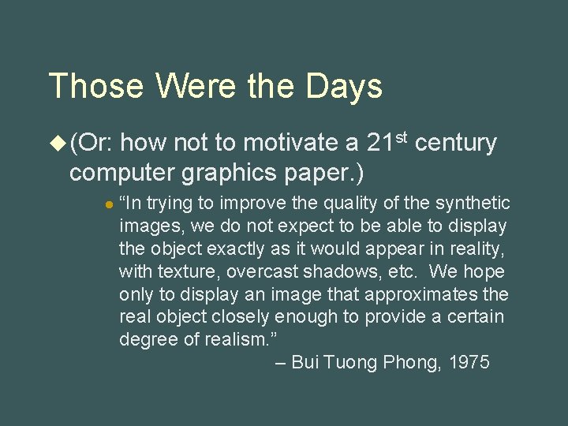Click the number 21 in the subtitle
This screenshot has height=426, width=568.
[x=380, y=144]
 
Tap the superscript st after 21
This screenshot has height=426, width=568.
[x=402, y=137]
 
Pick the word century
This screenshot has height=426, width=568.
[x=456, y=144]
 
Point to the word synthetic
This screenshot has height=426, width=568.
[x=472, y=204]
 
